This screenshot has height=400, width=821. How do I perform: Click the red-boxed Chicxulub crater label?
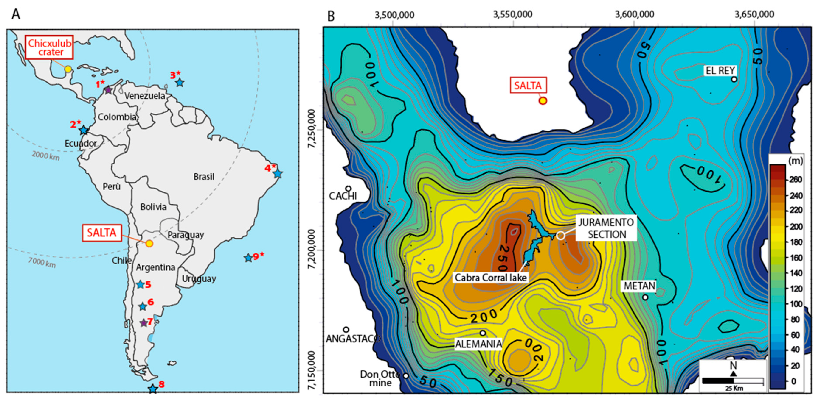coord(49,47)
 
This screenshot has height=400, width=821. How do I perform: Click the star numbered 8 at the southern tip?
coord(153,389)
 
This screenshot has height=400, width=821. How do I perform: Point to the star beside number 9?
coord(248,258)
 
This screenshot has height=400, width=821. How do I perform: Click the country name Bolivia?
coord(153,207)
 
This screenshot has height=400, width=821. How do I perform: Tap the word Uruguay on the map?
coord(199,279)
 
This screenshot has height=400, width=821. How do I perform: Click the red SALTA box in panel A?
coord(102,233)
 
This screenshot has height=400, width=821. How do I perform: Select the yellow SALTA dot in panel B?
coord(543,101)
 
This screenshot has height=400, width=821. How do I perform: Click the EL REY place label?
coord(720,71)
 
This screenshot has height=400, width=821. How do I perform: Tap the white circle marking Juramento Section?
coord(561,236)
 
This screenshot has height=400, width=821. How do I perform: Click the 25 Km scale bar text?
coord(734,388)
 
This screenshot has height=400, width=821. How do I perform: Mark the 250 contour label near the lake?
coord(503,258)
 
